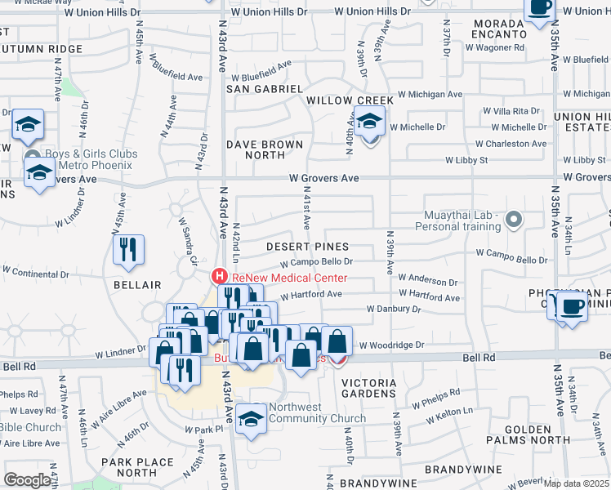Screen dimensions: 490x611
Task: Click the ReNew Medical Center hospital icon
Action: pyautogui.click(x=218, y=277)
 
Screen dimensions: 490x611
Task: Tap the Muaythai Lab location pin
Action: pyautogui.click(x=514, y=219)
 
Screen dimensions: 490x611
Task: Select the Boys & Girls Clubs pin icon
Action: pyautogui.click(x=32, y=158)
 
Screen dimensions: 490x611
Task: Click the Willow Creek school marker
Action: pyautogui.click(x=369, y=123)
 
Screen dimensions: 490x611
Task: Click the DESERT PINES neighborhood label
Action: pyautogui.click(x=308, y=247)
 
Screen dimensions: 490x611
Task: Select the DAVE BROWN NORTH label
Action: pyautogui.click(x=265, y=149)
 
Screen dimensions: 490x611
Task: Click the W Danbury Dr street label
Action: pyautogui.click(x=394, y=310)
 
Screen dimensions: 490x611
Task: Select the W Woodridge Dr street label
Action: pyautogui.click(x=392, y=345)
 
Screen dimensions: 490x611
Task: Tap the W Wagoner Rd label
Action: pyautogui.click(x=495, y=47)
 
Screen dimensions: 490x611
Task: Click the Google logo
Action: pyautogui.click(x=27, y=480)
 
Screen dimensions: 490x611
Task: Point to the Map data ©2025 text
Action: pyautogui.click(x=577, y=483)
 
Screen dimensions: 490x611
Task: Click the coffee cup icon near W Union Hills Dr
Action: pyautogui.click(x=539, y=8)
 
